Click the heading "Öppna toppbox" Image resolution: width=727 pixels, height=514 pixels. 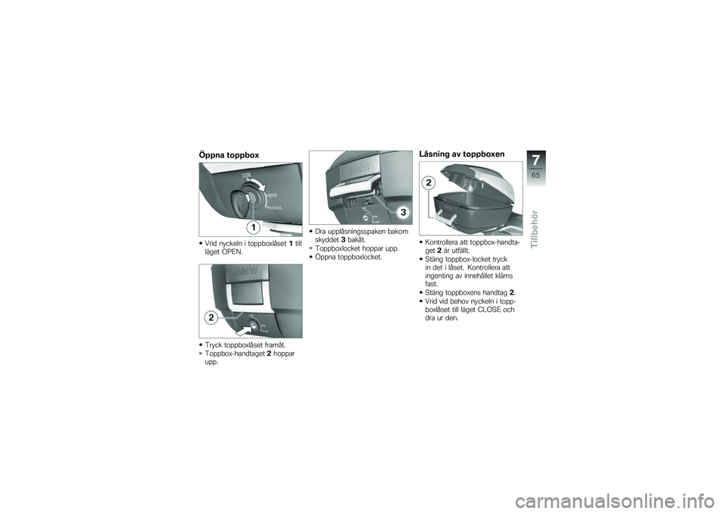tap(229, 155)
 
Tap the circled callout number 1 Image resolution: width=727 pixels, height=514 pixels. tap(252, 226)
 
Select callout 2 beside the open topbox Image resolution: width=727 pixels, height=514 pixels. tap(429, 184)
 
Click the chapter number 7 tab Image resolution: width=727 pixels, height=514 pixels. tap(536, 160)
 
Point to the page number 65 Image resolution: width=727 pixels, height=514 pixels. tap(536, 176)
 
